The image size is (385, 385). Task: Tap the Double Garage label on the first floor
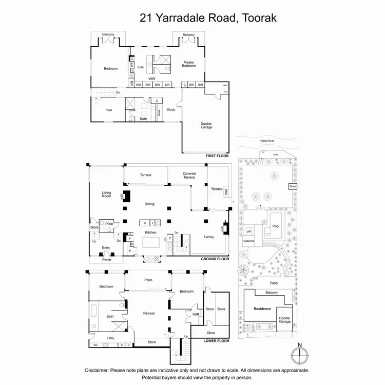click(x=206, y=125)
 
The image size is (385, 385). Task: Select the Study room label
click(x=171, y=109)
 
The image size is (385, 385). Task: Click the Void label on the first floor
click(x=109, y=110)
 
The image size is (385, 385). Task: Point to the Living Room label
click(x=106, y=194)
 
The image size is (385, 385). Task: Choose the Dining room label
click(x=149, y=204)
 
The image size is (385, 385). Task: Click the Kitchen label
click(x=150, y=233)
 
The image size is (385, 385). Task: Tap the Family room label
click(x=209, y=237)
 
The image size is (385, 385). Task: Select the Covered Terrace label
click(x=189, y=176)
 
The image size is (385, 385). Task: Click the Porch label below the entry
click(x=106, y=260)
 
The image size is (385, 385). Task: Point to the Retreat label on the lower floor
click(x=149, y=313)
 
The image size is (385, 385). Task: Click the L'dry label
click(x=110, y=338)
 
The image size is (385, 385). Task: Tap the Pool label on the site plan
click(x=276, y=226)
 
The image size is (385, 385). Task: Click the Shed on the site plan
click(x=293, y=186)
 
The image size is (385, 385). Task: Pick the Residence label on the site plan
click(x=262, y=309)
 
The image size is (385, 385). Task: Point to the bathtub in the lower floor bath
click(x=94, y=310)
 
